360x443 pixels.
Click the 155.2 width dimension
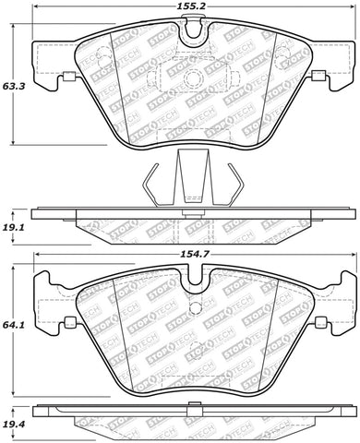point(190,6)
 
